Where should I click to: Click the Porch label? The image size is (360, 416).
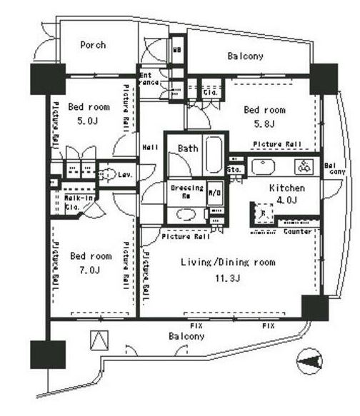[x=93, y=45]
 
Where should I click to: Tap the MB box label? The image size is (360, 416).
[x=176, y=51]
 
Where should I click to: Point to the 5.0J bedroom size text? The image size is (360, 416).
[x=90, y=121]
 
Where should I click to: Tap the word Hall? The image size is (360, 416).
[x=150, y=147]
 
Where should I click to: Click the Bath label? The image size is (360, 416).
[x=188, y=148]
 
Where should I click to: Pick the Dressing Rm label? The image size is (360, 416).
[x=187, y=192]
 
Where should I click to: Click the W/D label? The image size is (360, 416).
[x=214, y=193]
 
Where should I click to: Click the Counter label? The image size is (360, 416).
[x=297, y=232]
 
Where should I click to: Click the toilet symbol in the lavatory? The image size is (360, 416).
[x=109, y=173]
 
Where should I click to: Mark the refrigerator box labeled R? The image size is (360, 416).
[x=264, y=213]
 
